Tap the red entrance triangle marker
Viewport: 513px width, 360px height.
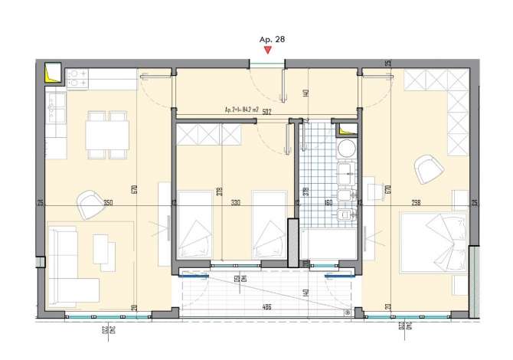point(266,50)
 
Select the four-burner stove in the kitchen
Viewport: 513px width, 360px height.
point(78,76)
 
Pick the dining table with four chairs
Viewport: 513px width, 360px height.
point(106,135)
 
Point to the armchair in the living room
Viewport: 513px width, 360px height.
point(87,204)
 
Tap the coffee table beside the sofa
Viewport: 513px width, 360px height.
point(103,250)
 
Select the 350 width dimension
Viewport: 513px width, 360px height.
point(108,203)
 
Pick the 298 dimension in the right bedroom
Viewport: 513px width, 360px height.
point(416,203)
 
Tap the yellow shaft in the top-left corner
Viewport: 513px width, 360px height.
point(53,72)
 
